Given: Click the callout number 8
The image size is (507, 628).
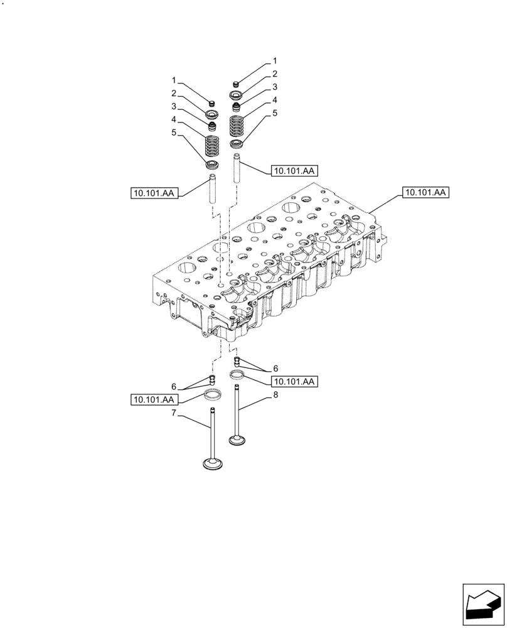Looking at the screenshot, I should click(x=274, y=396).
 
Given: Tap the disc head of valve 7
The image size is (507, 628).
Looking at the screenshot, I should click(x=213, y=465).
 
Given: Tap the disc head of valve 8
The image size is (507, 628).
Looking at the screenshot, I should click(x=237, y=441).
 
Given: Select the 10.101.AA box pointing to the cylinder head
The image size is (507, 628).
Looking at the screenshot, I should click(x=425, y=193).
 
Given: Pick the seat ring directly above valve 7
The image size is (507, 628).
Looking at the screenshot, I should click(x=213, y=397).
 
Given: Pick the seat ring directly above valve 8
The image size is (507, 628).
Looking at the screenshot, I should click(x=237, y=376).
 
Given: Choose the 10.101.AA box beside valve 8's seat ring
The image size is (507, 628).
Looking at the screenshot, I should click(x=294, y=381).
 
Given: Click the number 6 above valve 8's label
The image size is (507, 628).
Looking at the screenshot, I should click(x=274, y=369).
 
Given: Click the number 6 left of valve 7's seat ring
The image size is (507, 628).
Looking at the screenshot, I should click(x=173, y=387).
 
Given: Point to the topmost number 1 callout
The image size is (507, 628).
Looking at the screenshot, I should click(x=274, y=62).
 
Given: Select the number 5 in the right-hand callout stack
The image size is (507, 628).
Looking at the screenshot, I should click(x=274, y=112).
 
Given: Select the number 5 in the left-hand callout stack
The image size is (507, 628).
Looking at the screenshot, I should click(x=174, y=133).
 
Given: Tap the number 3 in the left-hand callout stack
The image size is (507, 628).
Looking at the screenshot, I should click(x=174, y=107).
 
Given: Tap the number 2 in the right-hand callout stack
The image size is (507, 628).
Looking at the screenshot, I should click(x=274, y=73).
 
